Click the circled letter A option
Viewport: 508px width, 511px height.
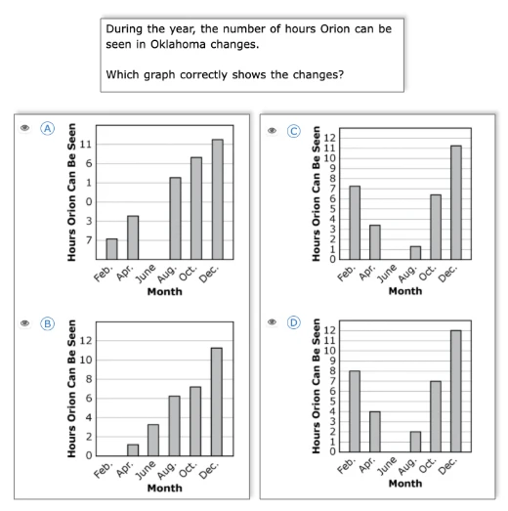48,128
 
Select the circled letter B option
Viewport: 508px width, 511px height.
48,324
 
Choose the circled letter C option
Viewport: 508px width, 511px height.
294,131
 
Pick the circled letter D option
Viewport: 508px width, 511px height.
294,322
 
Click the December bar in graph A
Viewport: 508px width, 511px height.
218,199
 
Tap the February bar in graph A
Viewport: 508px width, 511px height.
111,249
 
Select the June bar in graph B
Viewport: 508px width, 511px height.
153,440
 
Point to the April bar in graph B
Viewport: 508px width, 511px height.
133,450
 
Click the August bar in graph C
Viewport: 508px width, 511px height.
415,252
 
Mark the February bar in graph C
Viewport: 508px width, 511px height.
355,223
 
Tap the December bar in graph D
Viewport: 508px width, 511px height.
456,391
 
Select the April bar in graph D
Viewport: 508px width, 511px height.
375,432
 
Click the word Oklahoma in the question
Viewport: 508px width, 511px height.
178,44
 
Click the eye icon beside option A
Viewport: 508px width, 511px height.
24,128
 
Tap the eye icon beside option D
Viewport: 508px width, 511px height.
273,322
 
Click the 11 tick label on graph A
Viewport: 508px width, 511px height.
86,145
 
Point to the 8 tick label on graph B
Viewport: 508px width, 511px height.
89,379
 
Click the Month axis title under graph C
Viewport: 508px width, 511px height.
405,291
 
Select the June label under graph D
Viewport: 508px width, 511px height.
387,466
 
